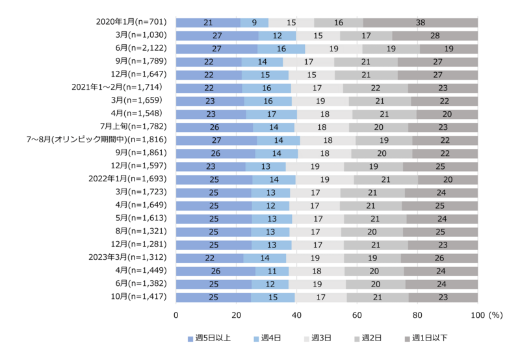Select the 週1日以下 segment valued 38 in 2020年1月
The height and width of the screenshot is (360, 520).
421,23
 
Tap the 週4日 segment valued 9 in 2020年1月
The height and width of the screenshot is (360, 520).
254,23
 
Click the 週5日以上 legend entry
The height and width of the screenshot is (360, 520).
209,338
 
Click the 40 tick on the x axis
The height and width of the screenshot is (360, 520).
296,315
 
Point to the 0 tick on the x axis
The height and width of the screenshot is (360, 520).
176,315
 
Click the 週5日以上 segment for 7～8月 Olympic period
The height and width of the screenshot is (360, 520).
216,140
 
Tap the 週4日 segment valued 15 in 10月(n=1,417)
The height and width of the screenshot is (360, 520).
273,297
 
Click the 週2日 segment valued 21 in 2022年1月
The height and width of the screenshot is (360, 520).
385,179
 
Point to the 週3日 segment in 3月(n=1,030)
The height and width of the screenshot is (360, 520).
318,36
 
